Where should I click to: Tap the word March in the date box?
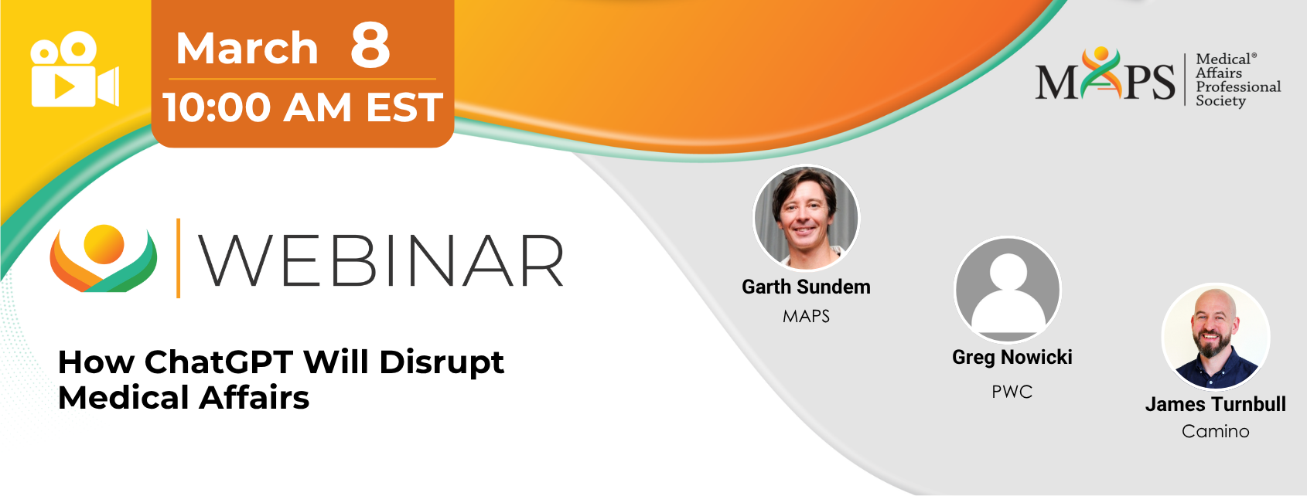tap(247, 49)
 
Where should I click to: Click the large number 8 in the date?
tap(370, 45)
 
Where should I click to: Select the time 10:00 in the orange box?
tap(217, 107)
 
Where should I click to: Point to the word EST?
tap(404, 107)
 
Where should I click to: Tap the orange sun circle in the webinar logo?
tap(104, 244)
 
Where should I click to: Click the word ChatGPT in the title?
tap(219, 362)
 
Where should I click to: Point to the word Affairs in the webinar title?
tap(254, 398)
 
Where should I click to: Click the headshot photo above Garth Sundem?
tap(807, 218)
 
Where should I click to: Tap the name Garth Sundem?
tap(806, 287)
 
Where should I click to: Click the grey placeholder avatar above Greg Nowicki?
tap(1008, 289)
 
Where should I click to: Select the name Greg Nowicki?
tap(1012, 357)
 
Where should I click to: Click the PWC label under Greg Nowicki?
tap(1012, 392)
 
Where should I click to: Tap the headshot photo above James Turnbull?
tap(1216, 336)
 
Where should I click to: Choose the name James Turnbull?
tap(1216, 404)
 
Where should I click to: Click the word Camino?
tap(1216, 431)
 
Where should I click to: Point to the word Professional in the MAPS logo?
tap(1238, 87)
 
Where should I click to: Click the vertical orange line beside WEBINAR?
tap(179, 258)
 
